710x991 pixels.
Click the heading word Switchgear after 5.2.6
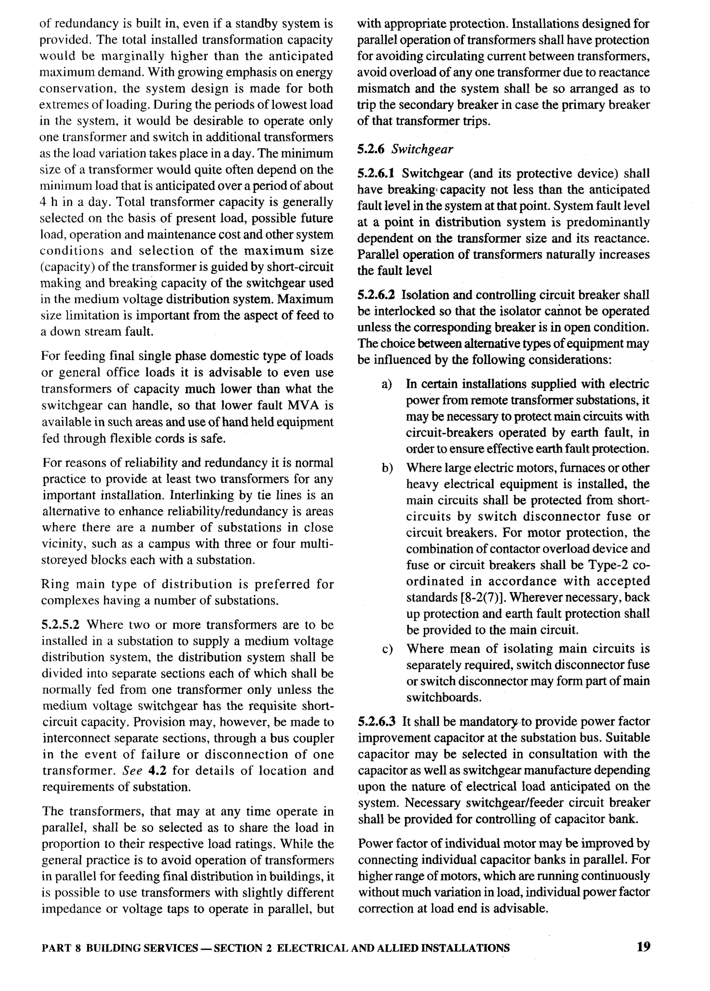pos(422,149)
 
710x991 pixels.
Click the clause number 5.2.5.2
pos(61,625)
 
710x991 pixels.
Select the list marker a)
pos(387,384)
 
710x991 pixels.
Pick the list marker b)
pos(387,468)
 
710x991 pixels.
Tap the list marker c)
pos(387,649)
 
